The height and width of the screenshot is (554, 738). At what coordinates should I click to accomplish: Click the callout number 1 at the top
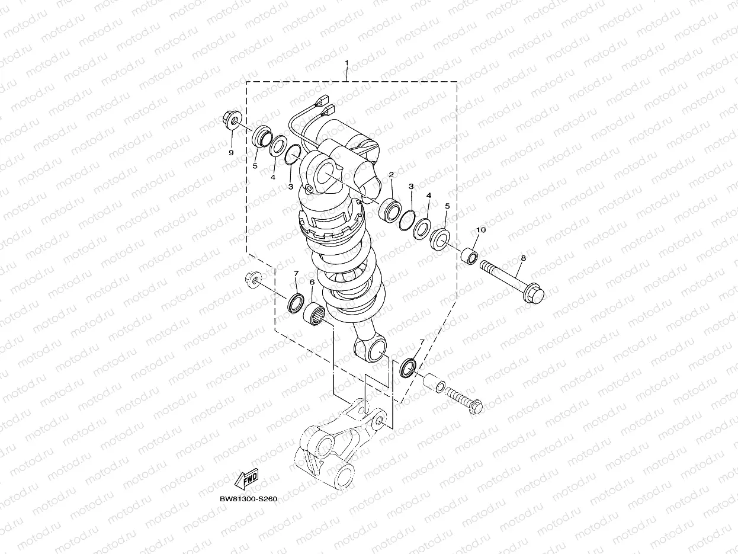click(x=347, y=63)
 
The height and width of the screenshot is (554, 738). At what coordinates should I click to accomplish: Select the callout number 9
click(x=231, y=153)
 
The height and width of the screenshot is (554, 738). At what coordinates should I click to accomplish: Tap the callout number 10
click(x=481, y=230)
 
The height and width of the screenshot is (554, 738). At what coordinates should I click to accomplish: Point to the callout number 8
click(x=523, y=258)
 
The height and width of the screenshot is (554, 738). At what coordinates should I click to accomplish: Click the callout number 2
click(x=392, y=175)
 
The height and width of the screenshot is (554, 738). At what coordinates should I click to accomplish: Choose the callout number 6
click(x=312, y=282)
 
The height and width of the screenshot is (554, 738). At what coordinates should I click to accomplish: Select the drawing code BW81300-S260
click(x=248, y=499)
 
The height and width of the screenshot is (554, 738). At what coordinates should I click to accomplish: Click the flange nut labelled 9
click(x=232, y=120)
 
